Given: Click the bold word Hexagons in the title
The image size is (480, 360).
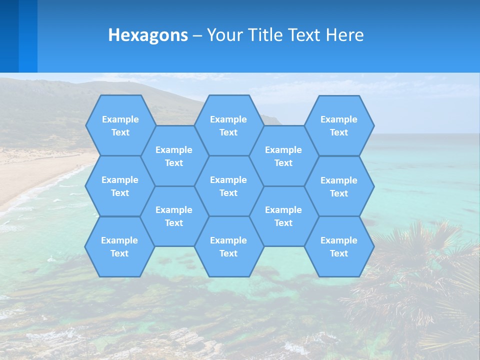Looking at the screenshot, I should pos(148,35).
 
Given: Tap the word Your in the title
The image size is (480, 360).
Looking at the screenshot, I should pos(225,35).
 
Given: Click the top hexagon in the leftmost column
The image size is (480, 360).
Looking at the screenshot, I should pos(120,125).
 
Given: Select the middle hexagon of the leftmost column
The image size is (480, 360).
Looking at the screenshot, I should pos(120,186).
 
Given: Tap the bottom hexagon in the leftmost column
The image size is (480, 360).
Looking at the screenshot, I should pos(119,246).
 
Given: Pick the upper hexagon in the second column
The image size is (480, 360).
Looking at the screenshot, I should pos(174,156).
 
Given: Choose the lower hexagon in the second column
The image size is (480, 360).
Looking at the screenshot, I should pos(174,216).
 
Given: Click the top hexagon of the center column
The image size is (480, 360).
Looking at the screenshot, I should pos(228,125).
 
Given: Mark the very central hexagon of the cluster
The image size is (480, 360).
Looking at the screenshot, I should pos(228,186).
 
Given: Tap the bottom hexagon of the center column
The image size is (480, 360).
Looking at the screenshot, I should pos(228,246).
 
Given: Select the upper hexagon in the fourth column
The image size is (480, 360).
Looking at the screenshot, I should pos(283,156).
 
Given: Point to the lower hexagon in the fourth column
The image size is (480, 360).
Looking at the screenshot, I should pos(283,216).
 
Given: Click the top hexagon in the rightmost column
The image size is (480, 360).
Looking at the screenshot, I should pos(339,125).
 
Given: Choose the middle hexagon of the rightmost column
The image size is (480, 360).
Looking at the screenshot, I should pos(339,186).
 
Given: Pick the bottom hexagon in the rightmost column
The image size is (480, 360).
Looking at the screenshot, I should pos(339,246).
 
